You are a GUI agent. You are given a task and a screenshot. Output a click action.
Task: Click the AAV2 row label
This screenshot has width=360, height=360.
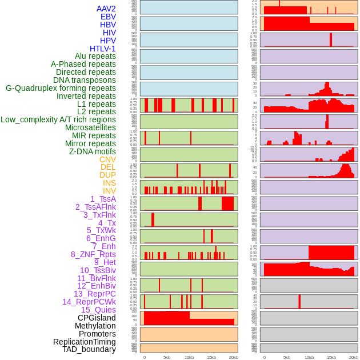(x=106, y=9)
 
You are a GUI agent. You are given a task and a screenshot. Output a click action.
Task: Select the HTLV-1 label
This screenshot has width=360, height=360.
(x=103, y=49)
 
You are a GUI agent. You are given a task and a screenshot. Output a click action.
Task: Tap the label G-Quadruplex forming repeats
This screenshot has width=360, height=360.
(x=61, y=88)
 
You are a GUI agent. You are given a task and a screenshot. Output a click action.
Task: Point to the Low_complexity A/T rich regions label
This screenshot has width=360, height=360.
(x=58, y=119)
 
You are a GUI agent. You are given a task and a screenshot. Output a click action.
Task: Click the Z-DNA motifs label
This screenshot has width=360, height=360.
(x=93, y=151)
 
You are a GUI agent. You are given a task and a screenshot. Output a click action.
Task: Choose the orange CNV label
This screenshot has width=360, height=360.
(x=107, y=159)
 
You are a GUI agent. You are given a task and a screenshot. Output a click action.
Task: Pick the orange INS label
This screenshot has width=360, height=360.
(x=109, y=183)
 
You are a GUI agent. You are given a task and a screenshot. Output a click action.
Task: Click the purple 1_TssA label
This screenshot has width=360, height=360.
(x=103, y=199)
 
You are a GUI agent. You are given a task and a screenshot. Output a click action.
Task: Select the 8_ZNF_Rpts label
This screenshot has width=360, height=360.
(x=93, y=254)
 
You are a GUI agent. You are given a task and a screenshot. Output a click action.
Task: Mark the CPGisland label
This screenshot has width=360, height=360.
(x=97, y=318)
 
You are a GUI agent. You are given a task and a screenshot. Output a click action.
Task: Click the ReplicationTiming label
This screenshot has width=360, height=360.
(x=85, y=342)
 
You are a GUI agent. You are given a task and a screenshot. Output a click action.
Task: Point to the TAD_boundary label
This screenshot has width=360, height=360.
(x=89, y=349)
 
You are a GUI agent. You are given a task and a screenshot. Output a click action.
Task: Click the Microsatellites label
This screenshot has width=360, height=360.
(x=90, y=127)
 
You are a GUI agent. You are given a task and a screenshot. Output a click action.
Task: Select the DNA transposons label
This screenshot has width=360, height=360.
(x=85, y=80)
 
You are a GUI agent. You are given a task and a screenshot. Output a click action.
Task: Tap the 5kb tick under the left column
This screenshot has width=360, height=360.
(x=167, y=357)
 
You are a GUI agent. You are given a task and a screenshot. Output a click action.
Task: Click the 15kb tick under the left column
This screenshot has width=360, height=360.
(x=211, y=357)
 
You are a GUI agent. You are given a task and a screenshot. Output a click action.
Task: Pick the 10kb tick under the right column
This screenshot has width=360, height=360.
(x=309, y=357)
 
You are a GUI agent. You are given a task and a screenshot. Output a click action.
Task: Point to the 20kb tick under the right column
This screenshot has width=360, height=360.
(x=354, y=357)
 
